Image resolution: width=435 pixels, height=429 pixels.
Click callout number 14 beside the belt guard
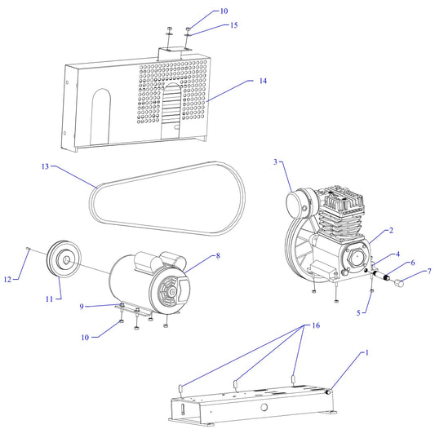[263, 82]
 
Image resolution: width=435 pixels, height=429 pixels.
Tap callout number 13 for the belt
[45, 166]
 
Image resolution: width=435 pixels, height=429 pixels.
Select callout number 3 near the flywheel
[275, 162]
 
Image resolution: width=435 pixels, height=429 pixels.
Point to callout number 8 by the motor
[218, 257]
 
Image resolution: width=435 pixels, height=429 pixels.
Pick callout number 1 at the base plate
[366, 353]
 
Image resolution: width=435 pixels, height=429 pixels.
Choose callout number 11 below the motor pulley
[49, 299]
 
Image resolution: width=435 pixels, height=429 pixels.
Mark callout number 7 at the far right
[429, 272]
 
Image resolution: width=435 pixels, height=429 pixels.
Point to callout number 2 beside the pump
[391, 232]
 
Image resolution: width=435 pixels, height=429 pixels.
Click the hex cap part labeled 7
[401, 284]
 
